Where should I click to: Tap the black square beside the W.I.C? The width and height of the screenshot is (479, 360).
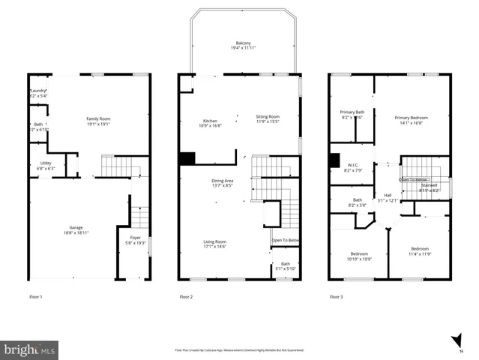pos(334,160)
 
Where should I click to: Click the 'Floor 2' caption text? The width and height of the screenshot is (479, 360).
pos(186,297)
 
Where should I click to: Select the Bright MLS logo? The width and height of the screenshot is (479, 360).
pos(29,349)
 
